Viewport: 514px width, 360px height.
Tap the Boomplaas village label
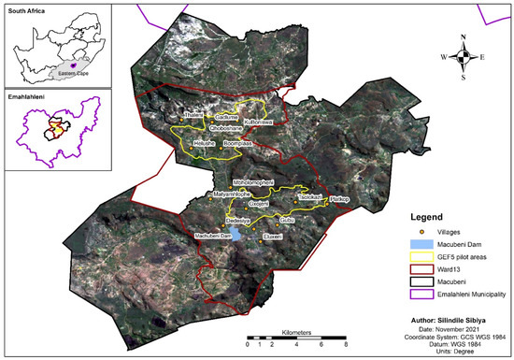[237, 144]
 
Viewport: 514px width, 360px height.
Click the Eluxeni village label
[273, 238]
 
